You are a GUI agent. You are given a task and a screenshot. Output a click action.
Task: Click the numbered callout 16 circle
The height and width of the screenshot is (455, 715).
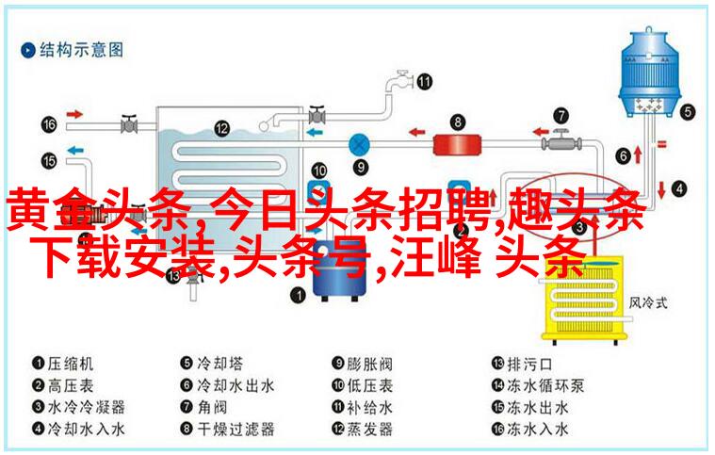(x=49, y=125)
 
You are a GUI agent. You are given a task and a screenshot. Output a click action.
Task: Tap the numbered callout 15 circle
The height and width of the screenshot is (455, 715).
(x=49, y=160)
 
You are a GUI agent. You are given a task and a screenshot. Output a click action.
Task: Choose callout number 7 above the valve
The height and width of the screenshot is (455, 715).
(x=561, y=116)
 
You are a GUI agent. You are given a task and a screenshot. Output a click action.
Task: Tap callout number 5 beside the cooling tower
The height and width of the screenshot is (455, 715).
(x=689, y=112)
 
